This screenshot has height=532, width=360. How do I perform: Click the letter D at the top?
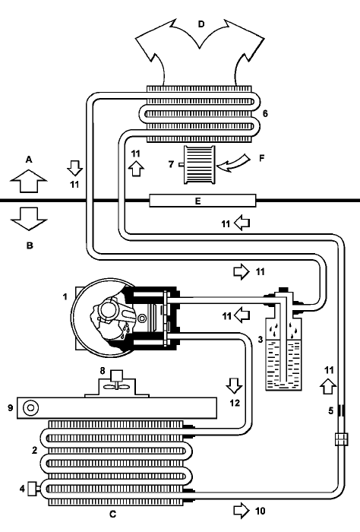[x=201, y=24]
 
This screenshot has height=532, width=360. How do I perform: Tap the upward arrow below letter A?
[x=28, y=181]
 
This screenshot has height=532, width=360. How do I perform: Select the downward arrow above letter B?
[x=28, y=219]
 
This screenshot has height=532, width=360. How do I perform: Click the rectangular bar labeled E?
[x=203, y=201]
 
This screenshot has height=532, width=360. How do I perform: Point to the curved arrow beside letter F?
[x=234, y=162]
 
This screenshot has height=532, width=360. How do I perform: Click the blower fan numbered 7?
[x=199, y=165]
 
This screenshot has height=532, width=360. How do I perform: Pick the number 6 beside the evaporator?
[x=265, y=114]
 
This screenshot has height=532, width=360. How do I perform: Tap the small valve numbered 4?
[x=33, y=489]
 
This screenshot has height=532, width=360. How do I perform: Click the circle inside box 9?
[x=30, y=407]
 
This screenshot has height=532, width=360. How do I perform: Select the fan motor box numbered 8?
[x=117, y=375]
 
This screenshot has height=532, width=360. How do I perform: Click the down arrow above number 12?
[x=234, y=386]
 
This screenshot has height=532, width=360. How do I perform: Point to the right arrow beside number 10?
[x=242, y=511]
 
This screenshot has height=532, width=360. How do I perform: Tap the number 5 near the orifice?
[x=330, y=411]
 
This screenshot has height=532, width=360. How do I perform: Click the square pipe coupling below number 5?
[x=341, y=439]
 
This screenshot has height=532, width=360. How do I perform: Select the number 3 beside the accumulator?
[x=261, y=339]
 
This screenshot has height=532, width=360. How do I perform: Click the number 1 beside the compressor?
[x=65, y=297]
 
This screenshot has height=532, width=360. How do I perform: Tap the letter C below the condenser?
[x=113, y=515]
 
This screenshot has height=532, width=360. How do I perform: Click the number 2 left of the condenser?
[x=34, y=451]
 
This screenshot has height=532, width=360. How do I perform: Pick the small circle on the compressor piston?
[x=142, y=318]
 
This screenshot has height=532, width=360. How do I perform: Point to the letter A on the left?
[x=29, y=160]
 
